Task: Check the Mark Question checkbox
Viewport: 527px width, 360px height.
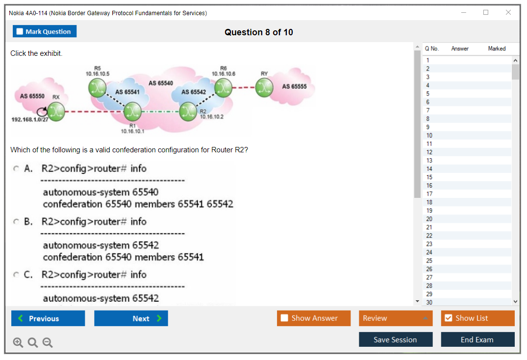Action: point(20,32)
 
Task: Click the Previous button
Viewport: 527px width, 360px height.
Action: point(48,318)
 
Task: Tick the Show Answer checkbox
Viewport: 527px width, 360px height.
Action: point(285,318)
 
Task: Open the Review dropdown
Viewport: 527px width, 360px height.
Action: point(396,318)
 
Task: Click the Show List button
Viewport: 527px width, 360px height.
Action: point(477,318)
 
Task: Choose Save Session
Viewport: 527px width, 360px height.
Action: point(395,339)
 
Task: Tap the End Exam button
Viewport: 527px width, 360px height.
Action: point(477,339)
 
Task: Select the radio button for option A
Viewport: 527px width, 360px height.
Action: point(16,168)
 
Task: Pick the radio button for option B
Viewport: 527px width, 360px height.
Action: point(16,222)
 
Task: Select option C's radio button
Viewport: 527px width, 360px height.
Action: point(16,275)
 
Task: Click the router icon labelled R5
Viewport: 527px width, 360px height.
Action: point(97,87)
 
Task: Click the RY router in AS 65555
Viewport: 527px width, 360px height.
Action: point(265,88)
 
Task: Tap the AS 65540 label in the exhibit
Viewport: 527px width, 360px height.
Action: point(160,83)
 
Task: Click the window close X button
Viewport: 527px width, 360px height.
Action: point(508,13)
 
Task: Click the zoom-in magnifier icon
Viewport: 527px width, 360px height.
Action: point(18,343)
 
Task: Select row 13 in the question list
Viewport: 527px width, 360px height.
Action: point(429,161)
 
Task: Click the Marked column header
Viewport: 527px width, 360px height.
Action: point(497,48)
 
